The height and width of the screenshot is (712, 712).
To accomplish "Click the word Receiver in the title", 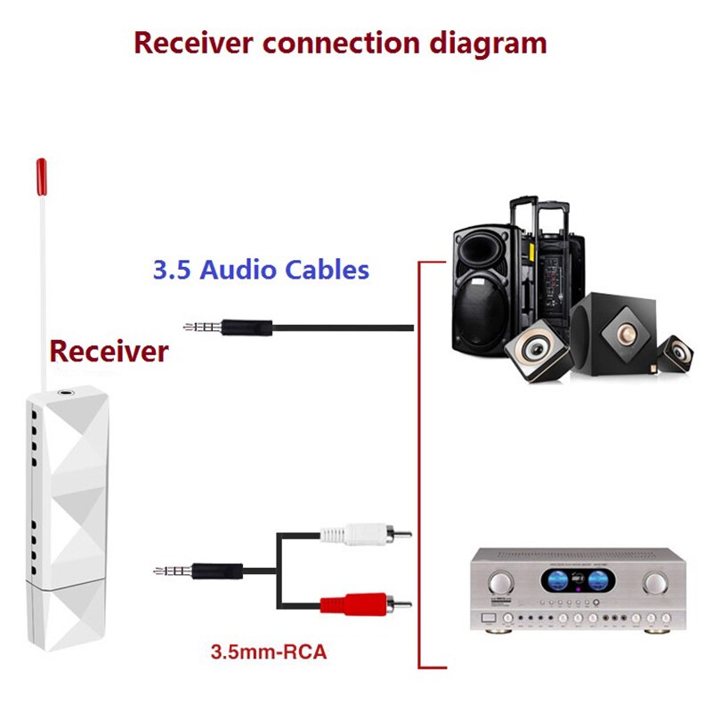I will click(x=188, y=42).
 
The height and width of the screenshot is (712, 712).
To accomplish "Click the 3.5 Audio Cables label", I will click(x=261, y=270).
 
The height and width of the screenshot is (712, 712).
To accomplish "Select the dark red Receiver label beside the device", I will click(x=109, y=351).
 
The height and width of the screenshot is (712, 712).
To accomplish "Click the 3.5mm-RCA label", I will click(x=269, y=651).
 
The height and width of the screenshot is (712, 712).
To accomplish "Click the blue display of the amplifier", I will click(x=576, y=582).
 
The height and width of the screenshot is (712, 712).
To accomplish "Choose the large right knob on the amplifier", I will click(x=656, y=584).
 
